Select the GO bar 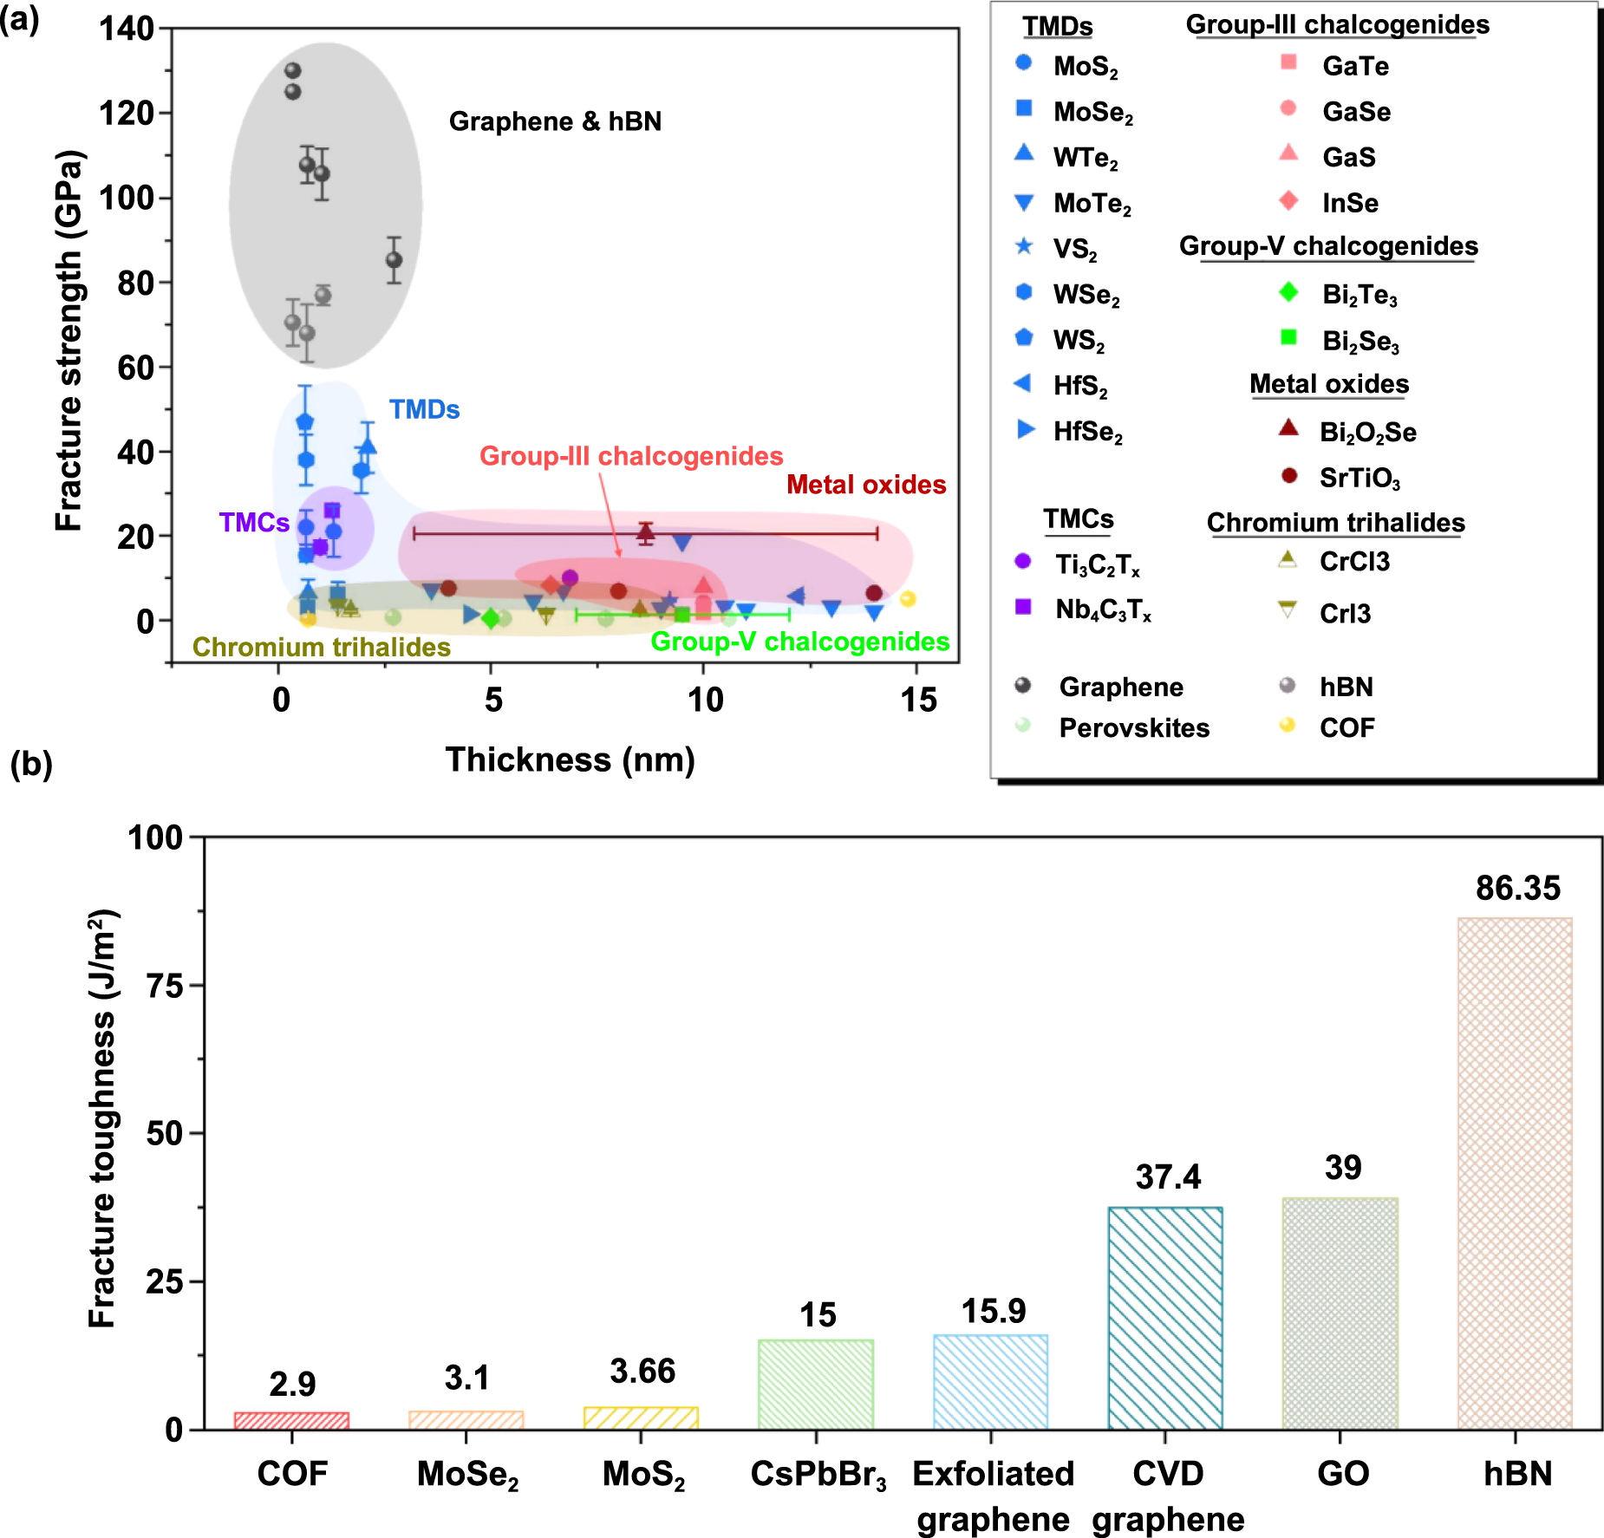click(x=1340, y=1313)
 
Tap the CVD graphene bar click(x=1165, y=1317)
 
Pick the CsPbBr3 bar click(x=816, y=1384)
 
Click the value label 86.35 click(x=1517, y=888)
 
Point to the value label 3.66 click(x=642, y=1371)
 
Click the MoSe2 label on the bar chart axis click(x=467, y=1475)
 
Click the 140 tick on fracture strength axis click(x=127, y=29)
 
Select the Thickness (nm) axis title click(x=570, y=759)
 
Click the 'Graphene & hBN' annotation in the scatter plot click(x=555, y=121)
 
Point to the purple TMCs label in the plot click(x=254, y=522)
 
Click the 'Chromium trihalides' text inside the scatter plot click(x=322, y=647)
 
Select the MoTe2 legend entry click(x=1092, y=204)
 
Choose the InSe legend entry click(x=1349, y=203)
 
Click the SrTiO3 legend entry click(x=1359, y=478)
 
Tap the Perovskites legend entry click(x=1133, y=727)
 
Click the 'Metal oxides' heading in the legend click(x=1328, y=384)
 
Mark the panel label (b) click(x=31, y=765)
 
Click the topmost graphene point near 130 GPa click(x=293, y=70)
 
